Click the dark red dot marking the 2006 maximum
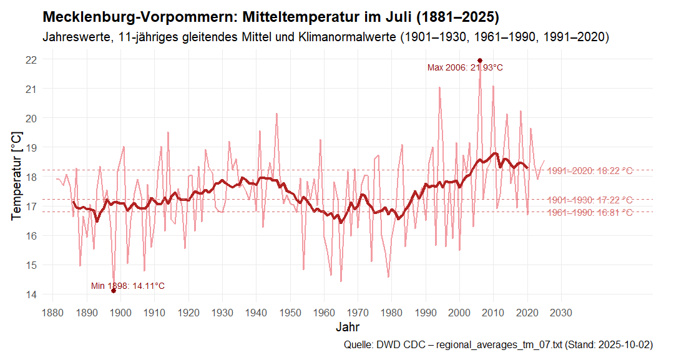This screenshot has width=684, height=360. point(480,61)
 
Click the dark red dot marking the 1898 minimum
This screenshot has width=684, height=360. point(114,291)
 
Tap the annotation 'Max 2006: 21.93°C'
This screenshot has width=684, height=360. point(465,68)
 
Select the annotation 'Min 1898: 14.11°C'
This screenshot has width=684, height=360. point(128,286)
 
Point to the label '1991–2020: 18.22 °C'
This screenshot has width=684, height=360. point(590,170)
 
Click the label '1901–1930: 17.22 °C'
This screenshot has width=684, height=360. point(590,200)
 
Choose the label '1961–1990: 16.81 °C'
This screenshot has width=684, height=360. point(590,213)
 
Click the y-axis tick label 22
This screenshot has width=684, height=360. point(31,59)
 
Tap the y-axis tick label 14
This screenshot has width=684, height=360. point(31,294)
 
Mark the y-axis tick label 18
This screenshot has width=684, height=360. point(31,177)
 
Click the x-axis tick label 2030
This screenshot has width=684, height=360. point(561,312)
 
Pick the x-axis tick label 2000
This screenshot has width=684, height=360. point(459,312)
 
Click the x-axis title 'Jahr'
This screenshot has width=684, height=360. point(347,327)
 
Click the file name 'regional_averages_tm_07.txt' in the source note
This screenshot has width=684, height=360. point(501,345)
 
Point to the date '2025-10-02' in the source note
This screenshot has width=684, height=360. point(625,345)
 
